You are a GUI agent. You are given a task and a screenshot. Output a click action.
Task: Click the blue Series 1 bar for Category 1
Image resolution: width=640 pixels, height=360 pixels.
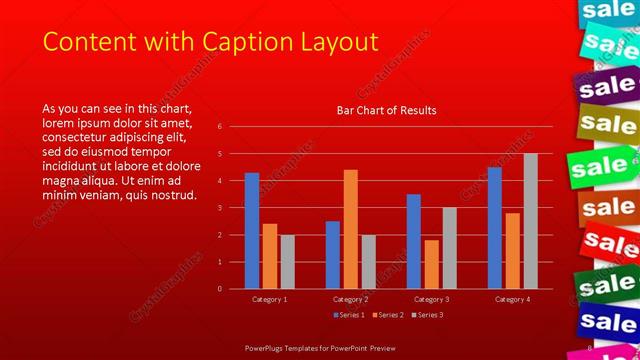click(x=252, y=231)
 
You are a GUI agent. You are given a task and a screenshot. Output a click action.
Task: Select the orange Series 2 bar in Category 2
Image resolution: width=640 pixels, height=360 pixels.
click(x=350, y=229)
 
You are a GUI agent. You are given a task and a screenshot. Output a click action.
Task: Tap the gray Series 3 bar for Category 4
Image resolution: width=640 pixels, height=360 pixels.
click(x=530, y=221)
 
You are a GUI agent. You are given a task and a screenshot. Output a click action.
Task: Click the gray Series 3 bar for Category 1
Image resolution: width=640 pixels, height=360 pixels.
click(x=288, y=262)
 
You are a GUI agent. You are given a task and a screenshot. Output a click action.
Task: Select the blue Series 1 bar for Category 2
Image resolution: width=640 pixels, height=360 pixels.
click(x=332, y=255)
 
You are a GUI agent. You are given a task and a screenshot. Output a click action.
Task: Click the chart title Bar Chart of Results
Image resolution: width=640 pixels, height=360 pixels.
click(x=386, y=110)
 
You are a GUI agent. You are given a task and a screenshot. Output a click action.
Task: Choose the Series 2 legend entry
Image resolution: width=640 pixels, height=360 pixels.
click(x=388, y=315)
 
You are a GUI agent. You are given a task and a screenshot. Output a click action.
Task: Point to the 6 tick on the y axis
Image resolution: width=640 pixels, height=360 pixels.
click(x=233, y=128)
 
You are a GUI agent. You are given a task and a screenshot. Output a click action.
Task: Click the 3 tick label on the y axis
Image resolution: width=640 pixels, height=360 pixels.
click(x=233, y=208)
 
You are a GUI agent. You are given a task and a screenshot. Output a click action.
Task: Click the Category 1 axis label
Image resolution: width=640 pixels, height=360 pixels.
click(x=270, y=299)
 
